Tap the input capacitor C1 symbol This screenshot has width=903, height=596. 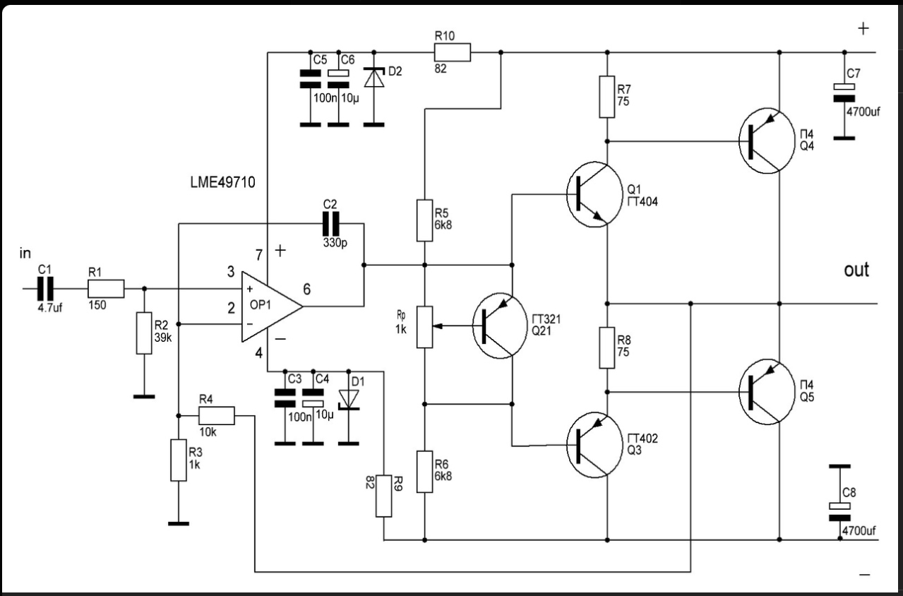(x=45, y=289)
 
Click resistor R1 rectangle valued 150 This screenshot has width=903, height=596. (x=106, y=289)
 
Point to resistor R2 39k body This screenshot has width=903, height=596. (x=144, y=333)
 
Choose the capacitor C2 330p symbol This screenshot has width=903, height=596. (x=330, y=224)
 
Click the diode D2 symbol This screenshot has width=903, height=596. (x=373, y=77)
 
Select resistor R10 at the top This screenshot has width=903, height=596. (x=452, y=52)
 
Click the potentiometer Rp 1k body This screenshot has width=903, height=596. (x=424, y=327)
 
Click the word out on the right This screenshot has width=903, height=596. (x=856, y=270)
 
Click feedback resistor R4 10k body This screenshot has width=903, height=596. (x=216, y=415)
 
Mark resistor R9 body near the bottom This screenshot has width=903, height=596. (x=383, y=496)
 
